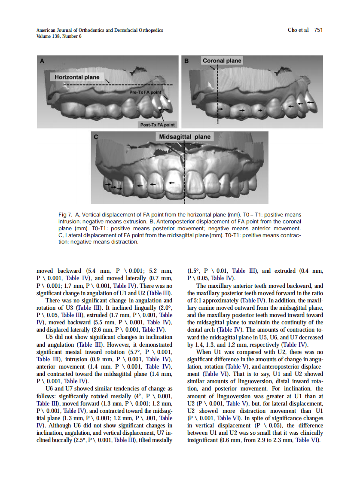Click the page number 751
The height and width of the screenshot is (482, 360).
(318, 30)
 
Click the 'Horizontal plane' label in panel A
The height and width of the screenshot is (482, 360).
(77, 77)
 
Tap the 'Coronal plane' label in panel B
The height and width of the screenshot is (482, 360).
(222, 61)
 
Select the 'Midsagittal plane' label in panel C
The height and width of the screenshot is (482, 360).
(185, 137)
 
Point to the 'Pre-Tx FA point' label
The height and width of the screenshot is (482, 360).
(146, 92)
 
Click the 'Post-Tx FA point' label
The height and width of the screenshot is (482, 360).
(158, 125)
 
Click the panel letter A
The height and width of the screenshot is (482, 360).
(42, 61)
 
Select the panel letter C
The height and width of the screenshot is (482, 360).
(96, 137)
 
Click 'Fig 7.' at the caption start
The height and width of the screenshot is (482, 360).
(65, 214)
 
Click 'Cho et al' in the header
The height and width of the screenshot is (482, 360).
(298, 30)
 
